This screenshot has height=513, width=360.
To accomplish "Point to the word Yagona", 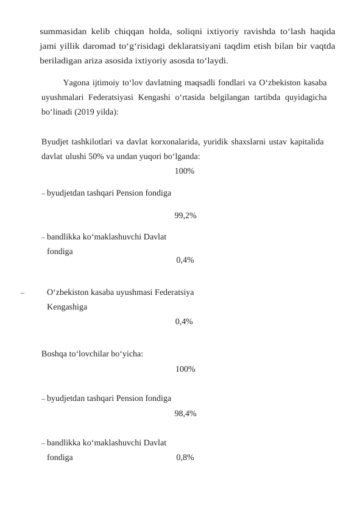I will click(77, 82).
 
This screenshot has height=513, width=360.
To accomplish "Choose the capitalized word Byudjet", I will click(54, 142).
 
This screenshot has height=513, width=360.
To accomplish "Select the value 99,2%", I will click(185, 215).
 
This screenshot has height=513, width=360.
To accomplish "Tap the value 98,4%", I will click(185, 414).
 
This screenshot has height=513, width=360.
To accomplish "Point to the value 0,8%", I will click(185, 458).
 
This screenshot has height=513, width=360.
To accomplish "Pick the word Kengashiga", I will click(66, 307).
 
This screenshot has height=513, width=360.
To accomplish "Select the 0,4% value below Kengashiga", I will click(185, 321).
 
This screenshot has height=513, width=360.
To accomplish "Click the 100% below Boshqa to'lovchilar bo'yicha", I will click(185, 369).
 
